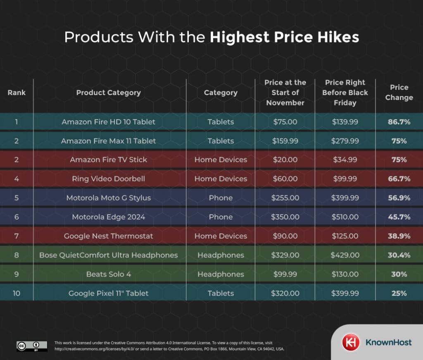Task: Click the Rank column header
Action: tap(17, 93)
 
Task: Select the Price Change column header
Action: tap(399, 93)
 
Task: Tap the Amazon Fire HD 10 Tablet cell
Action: tap(108, 122)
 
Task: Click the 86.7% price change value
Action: tap(399, 122)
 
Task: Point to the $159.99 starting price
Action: tap(285, 141)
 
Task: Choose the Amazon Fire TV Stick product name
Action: tap(108, 160)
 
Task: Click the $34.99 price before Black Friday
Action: tap(345, 160)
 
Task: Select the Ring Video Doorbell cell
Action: tap(108, 179)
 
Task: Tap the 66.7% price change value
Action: tap(399, 179)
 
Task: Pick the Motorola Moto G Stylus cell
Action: tap(108, 198)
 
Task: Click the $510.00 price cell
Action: tap(345, 217)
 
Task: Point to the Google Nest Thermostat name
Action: tap(108, 236)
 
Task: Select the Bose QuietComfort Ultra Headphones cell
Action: tap(108, 255)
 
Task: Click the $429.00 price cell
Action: tap(345, 255)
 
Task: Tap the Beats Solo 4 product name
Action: tap(108, 274)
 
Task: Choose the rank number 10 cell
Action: tap(17, 293)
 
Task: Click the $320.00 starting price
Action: tap(285, 293)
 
